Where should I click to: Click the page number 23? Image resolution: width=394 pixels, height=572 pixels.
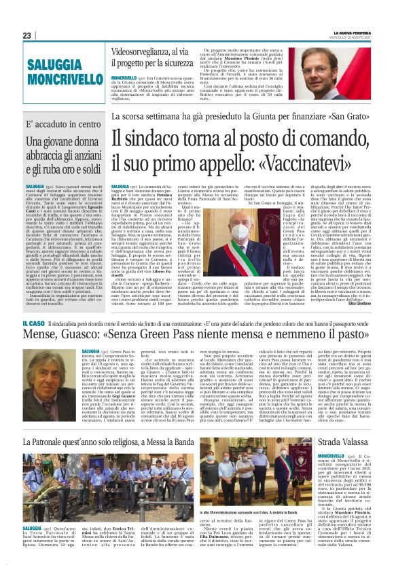click(26, 35)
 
